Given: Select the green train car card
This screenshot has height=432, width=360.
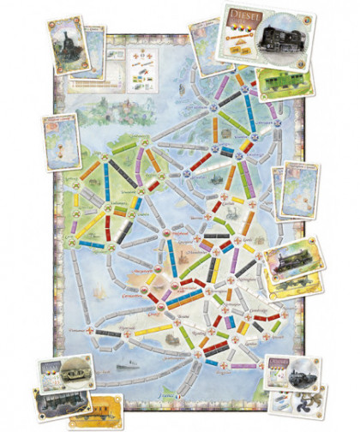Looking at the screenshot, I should tap(284, 80).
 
